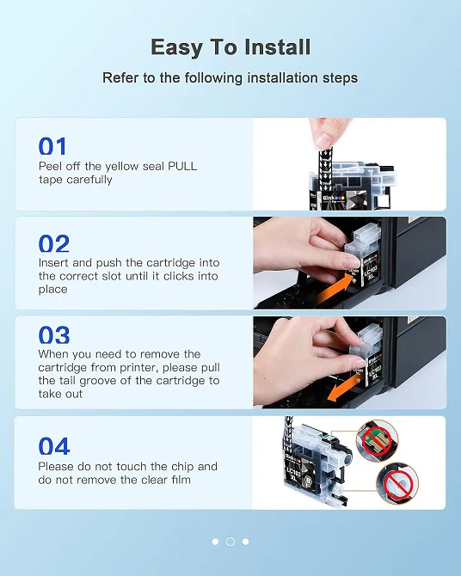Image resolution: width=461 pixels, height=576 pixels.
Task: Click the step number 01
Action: (x=52, y=146)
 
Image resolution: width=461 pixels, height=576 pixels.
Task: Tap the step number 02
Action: (x=53, y=243)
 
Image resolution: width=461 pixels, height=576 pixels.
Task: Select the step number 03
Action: (x=53, y=334)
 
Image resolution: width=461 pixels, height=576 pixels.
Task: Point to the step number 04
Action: (x=53, y=446)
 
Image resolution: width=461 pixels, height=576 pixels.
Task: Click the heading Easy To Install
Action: (x=230, y=46)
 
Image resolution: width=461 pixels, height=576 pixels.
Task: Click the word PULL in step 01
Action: (x=182, y=166)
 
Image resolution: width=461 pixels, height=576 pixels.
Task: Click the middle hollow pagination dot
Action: (x=230, y=542)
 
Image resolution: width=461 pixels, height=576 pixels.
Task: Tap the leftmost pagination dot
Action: (x=215, y=542)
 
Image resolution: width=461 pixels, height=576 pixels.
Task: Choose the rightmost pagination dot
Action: (x=245, y=542)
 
